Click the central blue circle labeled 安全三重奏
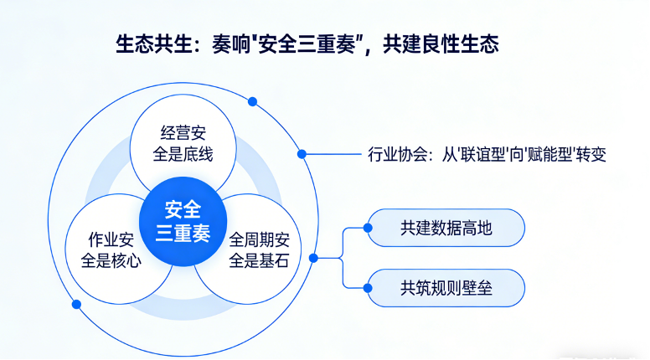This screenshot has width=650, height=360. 183,219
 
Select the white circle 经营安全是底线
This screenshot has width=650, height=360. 183,143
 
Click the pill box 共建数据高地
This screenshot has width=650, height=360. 446,228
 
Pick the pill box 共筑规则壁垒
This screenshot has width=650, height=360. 446,288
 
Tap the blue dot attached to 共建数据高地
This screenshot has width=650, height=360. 369,228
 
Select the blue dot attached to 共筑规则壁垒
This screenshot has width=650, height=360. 369,288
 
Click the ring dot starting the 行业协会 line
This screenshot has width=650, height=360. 302,154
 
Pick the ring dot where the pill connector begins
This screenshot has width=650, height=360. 312,258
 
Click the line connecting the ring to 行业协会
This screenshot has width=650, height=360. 330,154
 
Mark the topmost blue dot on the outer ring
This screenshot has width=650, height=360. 252,101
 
